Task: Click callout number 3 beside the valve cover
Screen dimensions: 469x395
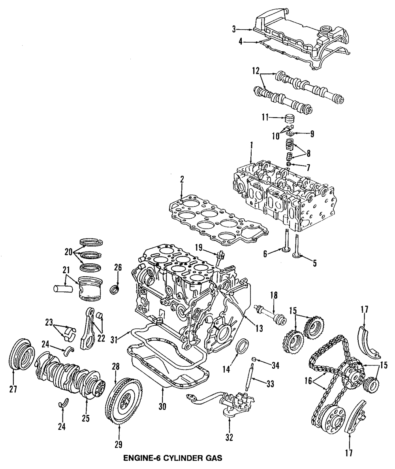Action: (234, 29)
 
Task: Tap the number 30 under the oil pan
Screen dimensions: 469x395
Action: (161, 405)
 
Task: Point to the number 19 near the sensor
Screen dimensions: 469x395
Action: (199, 248)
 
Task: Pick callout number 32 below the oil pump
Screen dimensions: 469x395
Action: (229, 437)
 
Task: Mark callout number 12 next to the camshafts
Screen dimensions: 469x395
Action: (256, 71)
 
